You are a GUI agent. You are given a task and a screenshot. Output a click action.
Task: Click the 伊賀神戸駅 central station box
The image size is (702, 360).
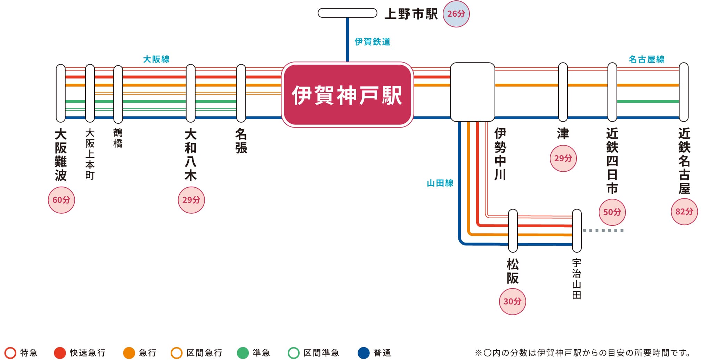347,95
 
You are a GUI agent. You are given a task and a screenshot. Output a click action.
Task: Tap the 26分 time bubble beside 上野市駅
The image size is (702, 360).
456,14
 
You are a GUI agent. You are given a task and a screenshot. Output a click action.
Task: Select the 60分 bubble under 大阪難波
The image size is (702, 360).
61,200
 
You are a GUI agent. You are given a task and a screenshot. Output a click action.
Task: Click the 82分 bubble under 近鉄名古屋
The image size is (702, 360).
684,212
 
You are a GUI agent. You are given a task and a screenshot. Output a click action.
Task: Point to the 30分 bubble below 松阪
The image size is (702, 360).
512,301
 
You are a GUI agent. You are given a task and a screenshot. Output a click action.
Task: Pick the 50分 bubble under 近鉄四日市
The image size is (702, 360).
612,212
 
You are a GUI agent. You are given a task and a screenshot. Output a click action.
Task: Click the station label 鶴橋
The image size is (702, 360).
118,138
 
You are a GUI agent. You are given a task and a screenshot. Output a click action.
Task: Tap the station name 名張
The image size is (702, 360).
241,141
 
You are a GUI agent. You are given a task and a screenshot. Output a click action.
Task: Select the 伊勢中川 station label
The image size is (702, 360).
500,154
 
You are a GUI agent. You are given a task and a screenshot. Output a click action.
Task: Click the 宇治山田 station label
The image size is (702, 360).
577,279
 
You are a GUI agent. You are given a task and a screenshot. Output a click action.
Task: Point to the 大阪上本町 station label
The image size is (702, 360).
90,154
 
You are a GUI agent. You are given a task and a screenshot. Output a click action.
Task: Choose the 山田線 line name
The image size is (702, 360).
440,183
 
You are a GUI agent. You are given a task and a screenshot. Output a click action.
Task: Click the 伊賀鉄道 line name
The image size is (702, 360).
372,42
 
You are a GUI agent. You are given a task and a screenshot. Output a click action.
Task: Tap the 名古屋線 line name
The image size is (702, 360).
646,59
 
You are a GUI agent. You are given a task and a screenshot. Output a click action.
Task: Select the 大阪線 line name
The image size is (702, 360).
156,59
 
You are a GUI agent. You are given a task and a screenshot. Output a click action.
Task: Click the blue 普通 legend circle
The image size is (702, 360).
364,353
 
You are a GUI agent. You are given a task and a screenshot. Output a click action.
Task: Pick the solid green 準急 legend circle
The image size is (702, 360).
243,353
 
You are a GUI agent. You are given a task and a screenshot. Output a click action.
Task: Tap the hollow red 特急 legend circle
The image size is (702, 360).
10,353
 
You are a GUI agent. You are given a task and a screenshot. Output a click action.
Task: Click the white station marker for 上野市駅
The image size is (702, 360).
347,13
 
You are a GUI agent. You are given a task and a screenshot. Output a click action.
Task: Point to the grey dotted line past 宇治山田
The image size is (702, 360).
603,230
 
